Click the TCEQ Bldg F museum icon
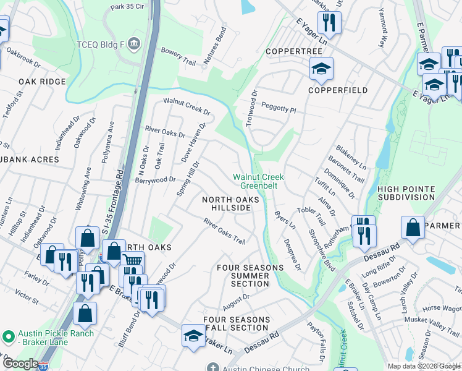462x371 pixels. [x=135, y=44]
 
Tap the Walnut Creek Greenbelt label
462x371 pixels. [x=258, y=181]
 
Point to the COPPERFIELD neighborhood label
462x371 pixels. [x=338, y=90]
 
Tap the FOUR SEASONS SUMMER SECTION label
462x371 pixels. [x=250, y=276]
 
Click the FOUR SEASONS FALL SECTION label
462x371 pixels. [x=236, y=323]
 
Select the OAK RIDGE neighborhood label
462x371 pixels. [x=42, y=82]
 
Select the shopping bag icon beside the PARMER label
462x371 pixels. [x=413, y=228]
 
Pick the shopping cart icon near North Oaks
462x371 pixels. [x=132, y=262]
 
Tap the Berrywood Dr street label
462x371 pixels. [x=156, y=180]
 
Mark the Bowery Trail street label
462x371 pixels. [x=178, y=61]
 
